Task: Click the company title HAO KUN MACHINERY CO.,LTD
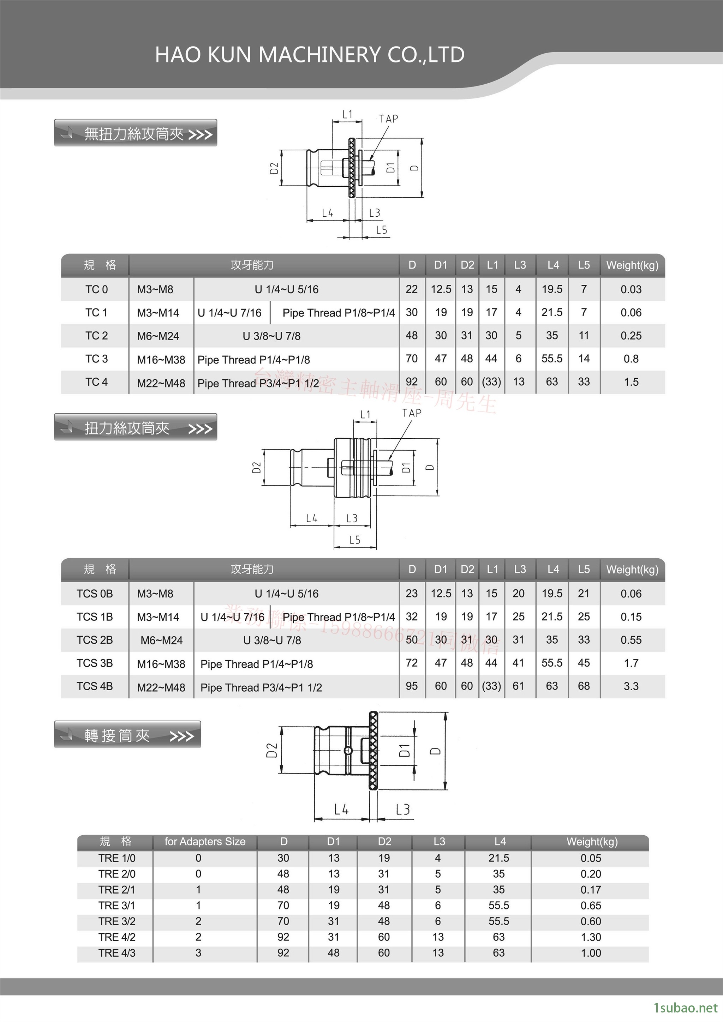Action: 310,55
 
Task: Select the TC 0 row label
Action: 97,289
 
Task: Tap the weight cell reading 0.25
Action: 631,336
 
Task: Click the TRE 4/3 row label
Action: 116,952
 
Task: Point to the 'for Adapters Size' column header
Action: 205,841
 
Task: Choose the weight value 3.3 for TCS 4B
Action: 631,686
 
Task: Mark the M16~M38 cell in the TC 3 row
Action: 161,360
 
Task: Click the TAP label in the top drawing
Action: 389,119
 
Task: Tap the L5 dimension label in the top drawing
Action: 382,230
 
